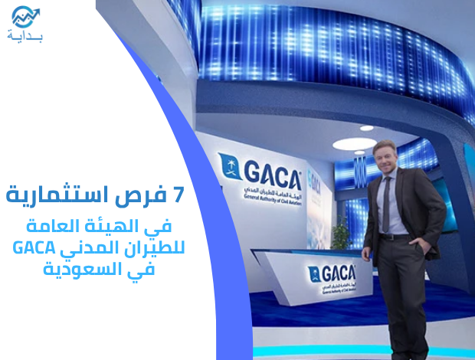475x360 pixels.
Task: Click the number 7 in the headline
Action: click(x=179, y=195)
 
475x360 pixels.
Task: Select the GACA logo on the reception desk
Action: click(x=332, y=274)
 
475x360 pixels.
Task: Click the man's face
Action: click(x=386, y=160)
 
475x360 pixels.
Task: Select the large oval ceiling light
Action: click(x=355, y=143)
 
